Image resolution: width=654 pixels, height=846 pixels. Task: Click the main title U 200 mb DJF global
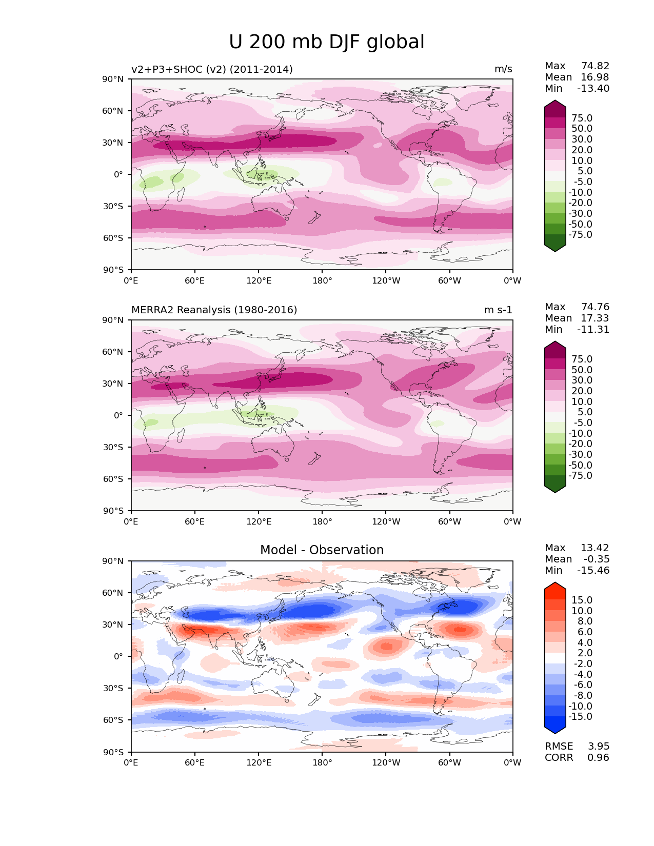(x=326, y=42)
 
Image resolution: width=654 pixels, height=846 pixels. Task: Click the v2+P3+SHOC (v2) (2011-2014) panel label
(x=212, y=69)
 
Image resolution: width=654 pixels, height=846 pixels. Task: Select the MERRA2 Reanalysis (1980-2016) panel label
(x=214, y=310)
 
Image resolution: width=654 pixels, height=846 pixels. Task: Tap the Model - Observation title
(x=322, y=550)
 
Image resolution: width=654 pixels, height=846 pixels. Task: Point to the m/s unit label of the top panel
(x=503, y=69)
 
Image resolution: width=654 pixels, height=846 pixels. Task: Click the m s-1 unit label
(x=498, y=310)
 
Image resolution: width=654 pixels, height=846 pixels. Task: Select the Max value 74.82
(x=595, y=66)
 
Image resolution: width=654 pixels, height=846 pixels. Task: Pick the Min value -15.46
(x=593, y=571)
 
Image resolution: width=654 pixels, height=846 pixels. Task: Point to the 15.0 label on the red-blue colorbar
(x=582, y=600)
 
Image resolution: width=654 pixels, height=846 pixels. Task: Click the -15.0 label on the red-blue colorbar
(x=580, y=717)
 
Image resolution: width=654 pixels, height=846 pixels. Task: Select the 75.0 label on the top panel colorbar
(x=582, y=118)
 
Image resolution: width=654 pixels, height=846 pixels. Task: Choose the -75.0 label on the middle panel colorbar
(x=580, y=476)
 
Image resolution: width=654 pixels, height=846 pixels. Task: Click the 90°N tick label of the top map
(x=113, y=79)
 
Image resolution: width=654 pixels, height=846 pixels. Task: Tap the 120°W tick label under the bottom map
(x=386, y=763)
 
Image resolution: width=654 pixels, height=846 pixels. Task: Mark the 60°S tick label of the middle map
(x=113, y=479)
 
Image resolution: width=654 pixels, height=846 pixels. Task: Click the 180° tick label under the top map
(x=322, y=281)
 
